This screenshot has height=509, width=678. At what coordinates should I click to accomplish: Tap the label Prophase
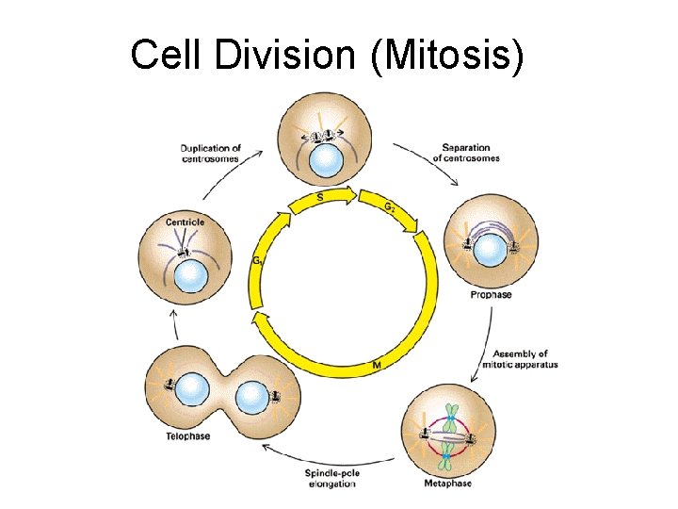(491, 295)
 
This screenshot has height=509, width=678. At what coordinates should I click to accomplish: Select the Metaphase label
(448, 484)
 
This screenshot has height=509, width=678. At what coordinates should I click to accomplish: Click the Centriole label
(185, 222)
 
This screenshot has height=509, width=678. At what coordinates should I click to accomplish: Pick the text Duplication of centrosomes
(210, 154)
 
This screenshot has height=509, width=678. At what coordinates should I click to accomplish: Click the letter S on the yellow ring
(322, 197)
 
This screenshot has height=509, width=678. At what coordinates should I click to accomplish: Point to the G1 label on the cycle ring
(256, 261)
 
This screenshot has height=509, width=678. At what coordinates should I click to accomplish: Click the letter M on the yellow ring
(376, 364)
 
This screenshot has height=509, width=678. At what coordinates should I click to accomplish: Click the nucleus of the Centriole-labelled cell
(191, 276)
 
